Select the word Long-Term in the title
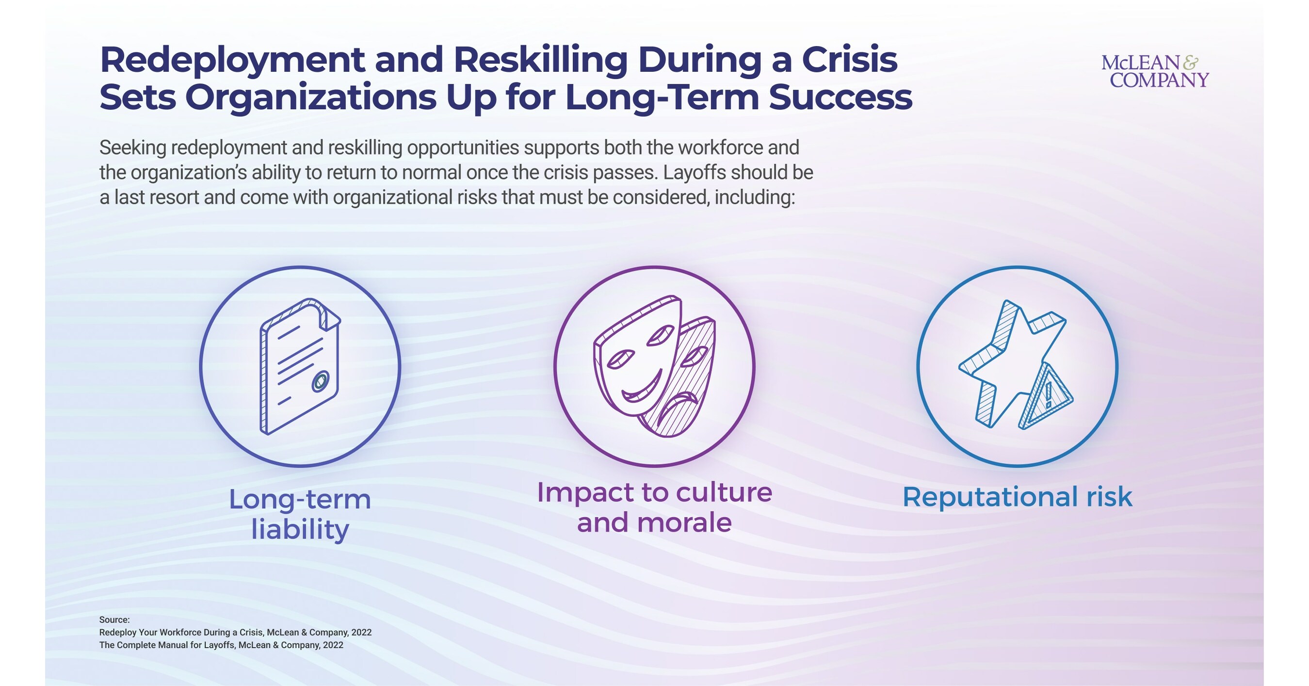click(662, 98)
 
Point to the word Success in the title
click(840, 98)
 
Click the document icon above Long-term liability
click(300, 366)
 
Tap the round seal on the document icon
click(321, 381)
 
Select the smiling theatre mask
click(635, 356)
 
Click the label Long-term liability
click(300, 514)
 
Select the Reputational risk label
click(1018, 497)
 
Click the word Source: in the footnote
click(114, 620)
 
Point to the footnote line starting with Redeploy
click(235, 633)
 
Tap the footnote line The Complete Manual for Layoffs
click(221, 645)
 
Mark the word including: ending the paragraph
click(754, 197)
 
